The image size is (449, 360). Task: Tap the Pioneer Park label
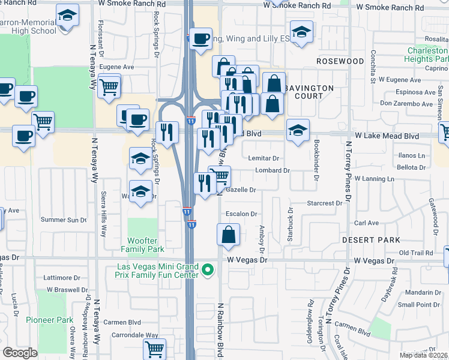(53, 320)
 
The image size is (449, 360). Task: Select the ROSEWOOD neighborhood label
(340, 61)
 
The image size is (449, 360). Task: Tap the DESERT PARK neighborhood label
(370, 240)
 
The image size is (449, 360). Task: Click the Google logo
(20, 353)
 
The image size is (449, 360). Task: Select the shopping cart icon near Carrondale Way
(155, 348)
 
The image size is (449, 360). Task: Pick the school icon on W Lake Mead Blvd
(298, 131)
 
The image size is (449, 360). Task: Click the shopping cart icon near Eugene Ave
(109, 86)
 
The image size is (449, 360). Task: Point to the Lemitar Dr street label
(264, 158)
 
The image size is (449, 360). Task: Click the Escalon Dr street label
(241, 214)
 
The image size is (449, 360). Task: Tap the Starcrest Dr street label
(324, 203)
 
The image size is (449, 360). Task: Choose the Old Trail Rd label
(415, 253)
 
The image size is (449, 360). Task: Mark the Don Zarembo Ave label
(406, 104)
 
